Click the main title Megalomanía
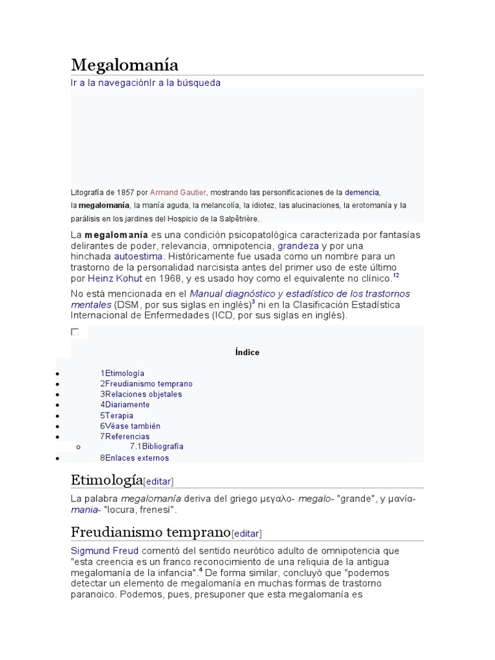(124, 65)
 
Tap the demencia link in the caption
(362, 193)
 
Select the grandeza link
(298, 246)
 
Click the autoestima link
(138, 257)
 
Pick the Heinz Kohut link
(115, 278)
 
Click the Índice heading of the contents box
(247, 353)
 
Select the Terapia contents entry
(119, 416)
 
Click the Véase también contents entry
(132, 426)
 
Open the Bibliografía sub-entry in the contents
(162, 446)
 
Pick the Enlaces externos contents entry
(137, 458)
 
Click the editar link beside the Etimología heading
(158, 481)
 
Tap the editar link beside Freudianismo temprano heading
(246, 534)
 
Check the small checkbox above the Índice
(75, 332)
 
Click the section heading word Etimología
(106, 480)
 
